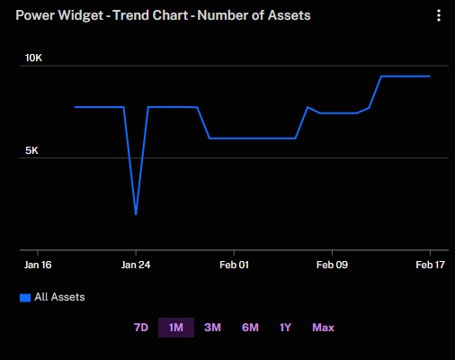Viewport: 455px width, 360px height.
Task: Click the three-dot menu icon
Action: coord(439,15)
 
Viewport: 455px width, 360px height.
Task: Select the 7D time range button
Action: coord(141,328)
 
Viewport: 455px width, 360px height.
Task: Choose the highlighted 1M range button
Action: coord(176,328)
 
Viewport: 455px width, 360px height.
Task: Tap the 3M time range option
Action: coord(212,328)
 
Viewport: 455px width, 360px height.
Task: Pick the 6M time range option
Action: coord(250,328)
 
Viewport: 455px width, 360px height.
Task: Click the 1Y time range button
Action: coord(285,328)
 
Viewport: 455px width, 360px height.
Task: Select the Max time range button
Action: coord(323,328)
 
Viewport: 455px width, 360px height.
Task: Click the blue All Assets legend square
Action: coord(25,298)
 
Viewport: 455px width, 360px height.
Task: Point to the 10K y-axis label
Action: coord(33,58)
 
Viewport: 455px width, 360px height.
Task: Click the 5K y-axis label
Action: coord(31,150)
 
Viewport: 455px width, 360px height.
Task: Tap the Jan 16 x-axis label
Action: coord(38,265)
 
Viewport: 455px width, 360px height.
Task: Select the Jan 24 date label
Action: coord(136,265)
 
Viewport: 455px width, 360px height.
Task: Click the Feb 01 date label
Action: coord(234,265)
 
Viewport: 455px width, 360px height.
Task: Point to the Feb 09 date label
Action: coord(332,265)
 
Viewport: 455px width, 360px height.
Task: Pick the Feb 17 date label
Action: coord(430,265)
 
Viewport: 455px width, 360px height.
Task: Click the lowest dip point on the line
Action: coord(136,214)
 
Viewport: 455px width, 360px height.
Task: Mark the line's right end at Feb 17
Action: coord(430,76)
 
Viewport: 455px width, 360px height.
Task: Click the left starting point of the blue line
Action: coord(75,107)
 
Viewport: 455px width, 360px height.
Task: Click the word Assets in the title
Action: coord(289,15)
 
